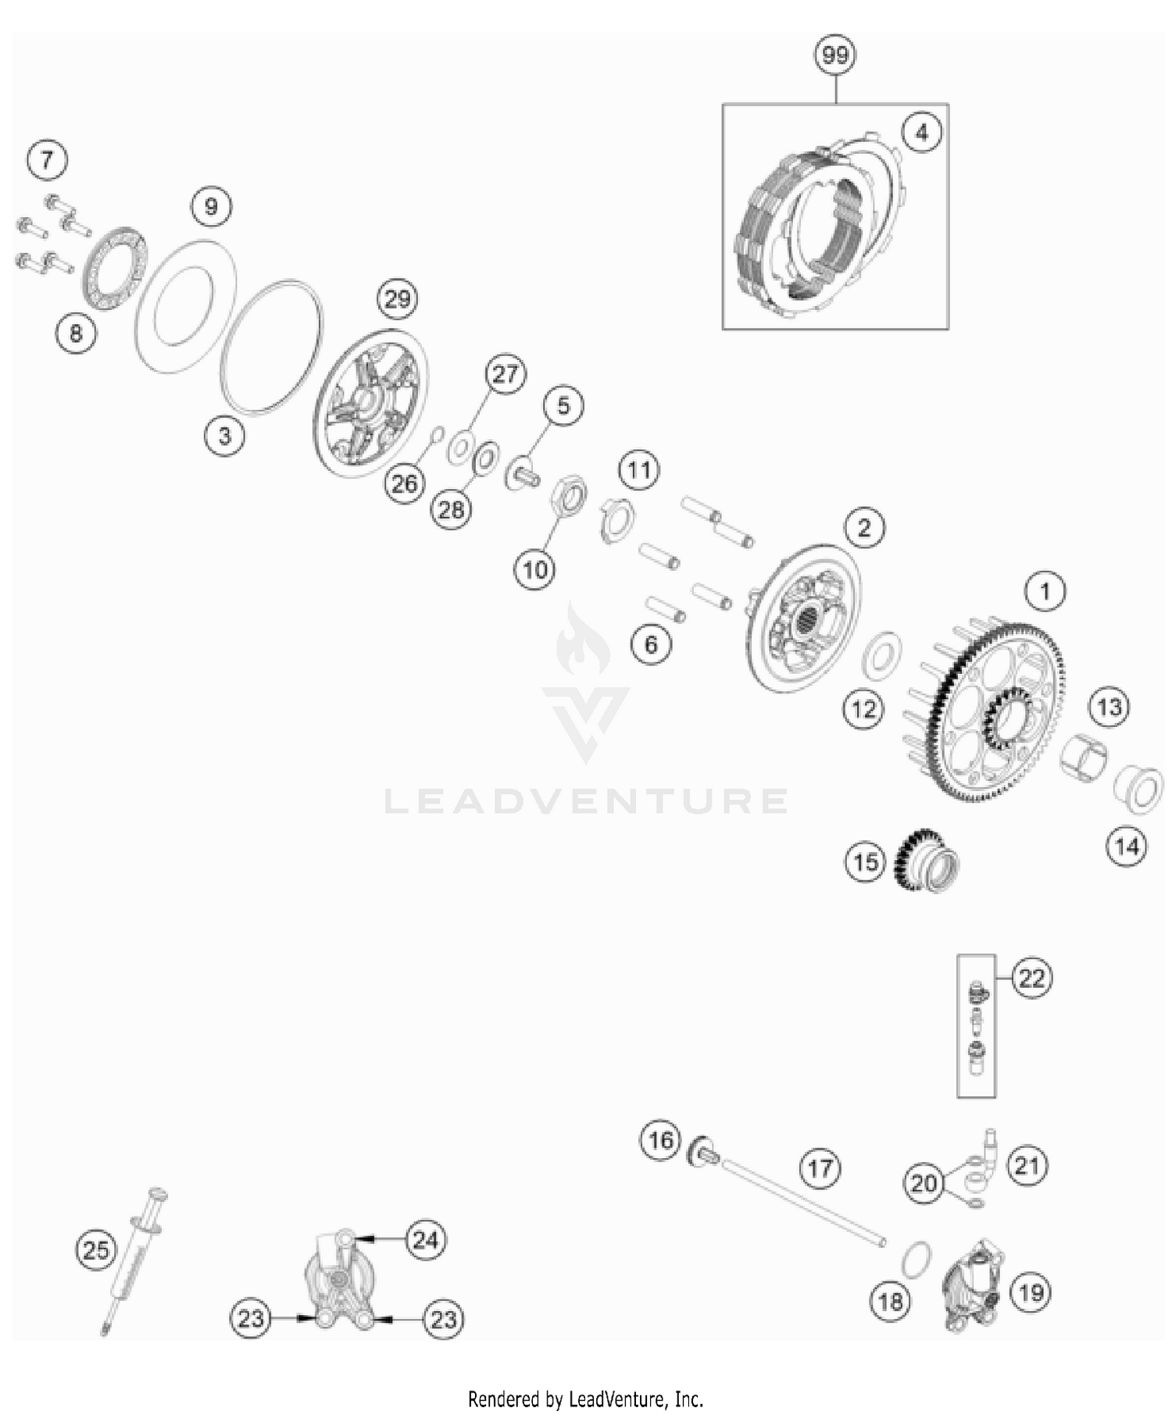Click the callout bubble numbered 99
coord(835,55)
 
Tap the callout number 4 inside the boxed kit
coord(922,133)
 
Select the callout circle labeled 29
coord(397,299)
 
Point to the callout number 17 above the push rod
coord(820,1169)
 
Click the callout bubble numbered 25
coord(96,1250)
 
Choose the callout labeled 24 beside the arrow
coord(425,1239)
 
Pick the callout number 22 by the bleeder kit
coord(1031,978)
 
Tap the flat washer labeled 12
coord(881,654)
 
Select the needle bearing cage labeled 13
coord(1085,754)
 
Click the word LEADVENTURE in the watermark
coord(586,801)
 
